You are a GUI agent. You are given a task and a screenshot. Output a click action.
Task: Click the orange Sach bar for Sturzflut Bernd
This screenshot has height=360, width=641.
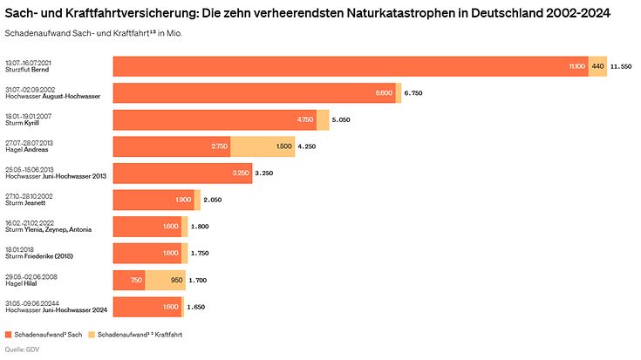pyautogui.click(x=349, y=66)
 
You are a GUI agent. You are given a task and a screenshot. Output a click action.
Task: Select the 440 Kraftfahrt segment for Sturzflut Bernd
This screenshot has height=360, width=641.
pyautogui.click(x=597, y=66)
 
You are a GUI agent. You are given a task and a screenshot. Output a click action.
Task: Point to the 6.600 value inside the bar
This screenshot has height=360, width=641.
pyautogui.click(x=384, y=93)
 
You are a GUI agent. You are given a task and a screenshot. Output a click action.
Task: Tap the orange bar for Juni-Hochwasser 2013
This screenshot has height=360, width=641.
pyautogui.click(x=182, y=173)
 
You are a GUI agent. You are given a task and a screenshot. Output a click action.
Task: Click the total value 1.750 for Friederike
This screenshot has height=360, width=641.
pyautogui.click(x=201, y=254)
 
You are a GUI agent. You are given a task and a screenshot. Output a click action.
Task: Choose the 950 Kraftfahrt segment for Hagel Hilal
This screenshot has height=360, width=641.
pyautogui.click(x=165, y=281)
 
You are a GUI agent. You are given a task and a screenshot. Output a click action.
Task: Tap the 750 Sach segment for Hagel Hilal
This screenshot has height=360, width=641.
pyautogui.click(x=129, y=281)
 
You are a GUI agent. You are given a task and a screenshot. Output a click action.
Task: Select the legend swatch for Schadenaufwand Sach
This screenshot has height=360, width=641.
pyautogui.click(x=9, y=335)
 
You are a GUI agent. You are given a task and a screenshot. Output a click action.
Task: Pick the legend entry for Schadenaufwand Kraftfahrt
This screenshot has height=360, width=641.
pyautogui.click(x=140, y=335)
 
